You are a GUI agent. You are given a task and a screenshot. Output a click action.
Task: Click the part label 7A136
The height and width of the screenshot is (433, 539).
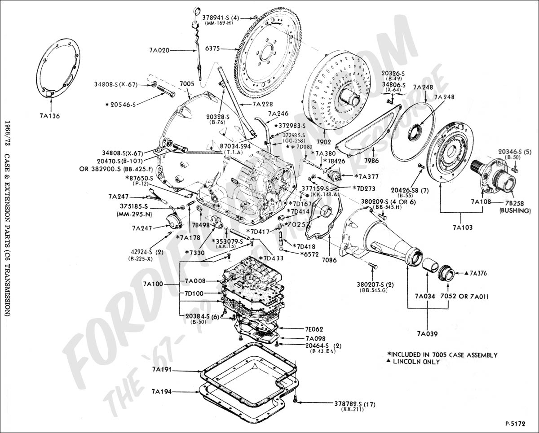49,116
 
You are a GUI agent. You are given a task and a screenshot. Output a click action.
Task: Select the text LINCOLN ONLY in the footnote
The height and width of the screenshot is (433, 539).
415,362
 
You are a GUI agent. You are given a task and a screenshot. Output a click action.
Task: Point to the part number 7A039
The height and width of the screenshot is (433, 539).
427,333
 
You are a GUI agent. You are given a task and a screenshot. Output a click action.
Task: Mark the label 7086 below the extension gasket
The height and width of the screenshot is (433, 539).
329,259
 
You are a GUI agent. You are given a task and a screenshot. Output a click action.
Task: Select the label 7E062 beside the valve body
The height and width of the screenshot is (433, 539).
314,329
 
